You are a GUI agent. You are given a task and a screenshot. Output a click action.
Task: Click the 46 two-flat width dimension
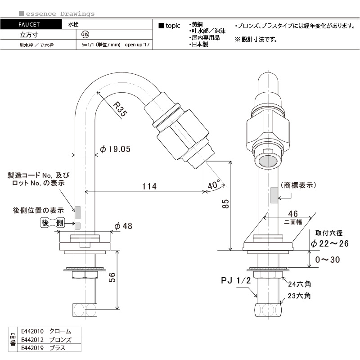pyautogui.click(x=293, y=214)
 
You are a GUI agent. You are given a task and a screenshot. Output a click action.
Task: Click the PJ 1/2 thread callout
pyautogui.click(x=235, y=280)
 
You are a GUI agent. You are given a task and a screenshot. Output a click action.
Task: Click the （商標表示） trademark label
pyautogui.click(x=298, y=185)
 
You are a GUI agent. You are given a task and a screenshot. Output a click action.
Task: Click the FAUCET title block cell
pyautogui.click(x=31, y=25)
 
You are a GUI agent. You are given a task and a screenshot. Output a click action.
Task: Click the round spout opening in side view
pyautogui.click(x=269, y=161)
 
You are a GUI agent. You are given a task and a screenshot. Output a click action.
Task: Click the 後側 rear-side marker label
pyautogui.click(x=53, y=224)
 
